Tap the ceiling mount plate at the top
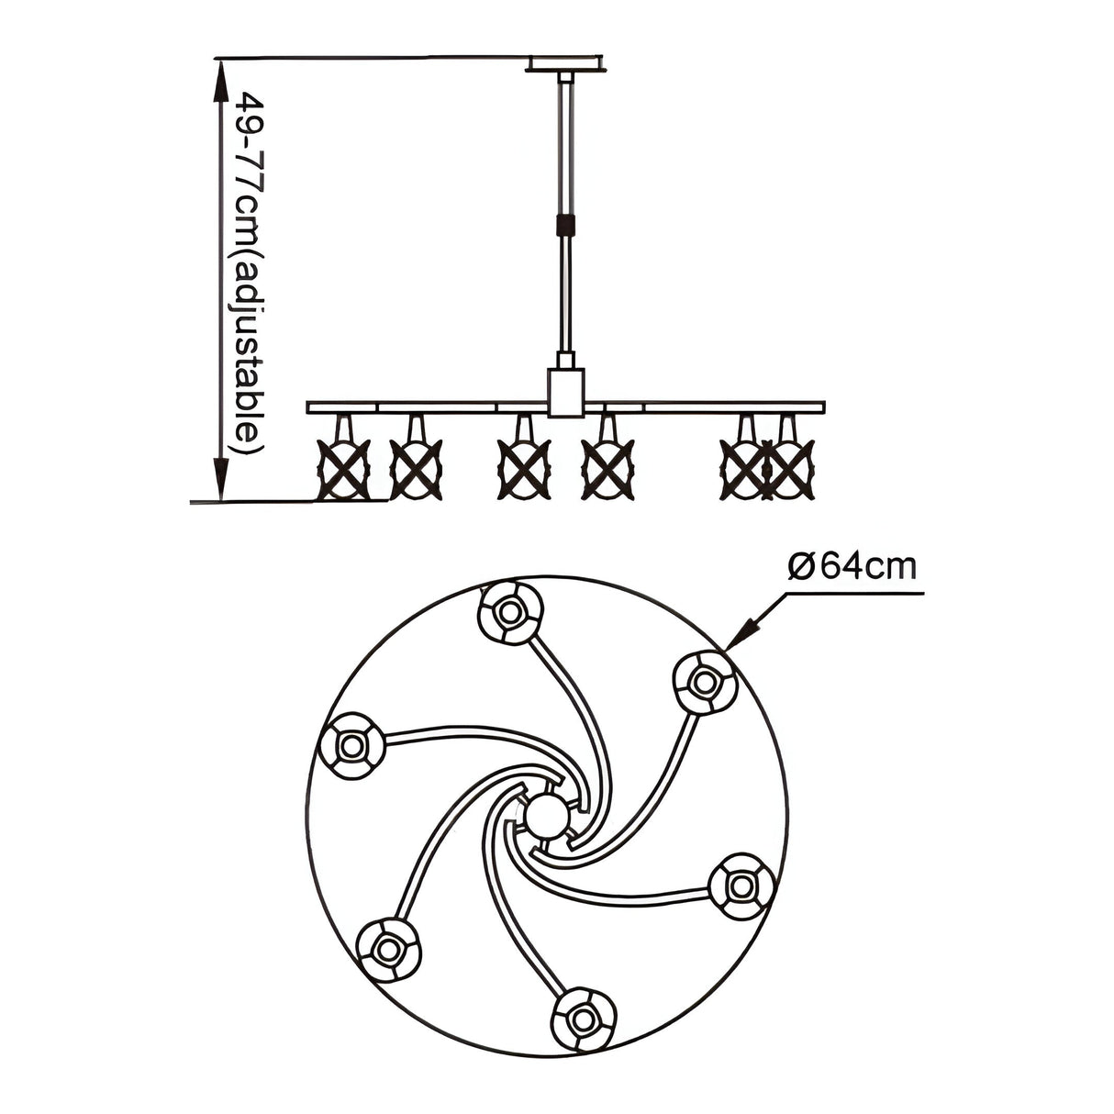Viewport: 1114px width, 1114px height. tap(566, 63)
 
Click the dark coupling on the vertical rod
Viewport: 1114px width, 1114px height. tap(564, 224)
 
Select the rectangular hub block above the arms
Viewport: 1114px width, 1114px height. tap(566, 392)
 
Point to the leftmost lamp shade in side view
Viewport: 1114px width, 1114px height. tap(343, 468)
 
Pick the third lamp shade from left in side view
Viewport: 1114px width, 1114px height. tap(523, 468)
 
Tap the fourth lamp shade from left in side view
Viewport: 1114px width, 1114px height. tap(608, 468)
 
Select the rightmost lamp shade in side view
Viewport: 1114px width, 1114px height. tap(790, 468)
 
